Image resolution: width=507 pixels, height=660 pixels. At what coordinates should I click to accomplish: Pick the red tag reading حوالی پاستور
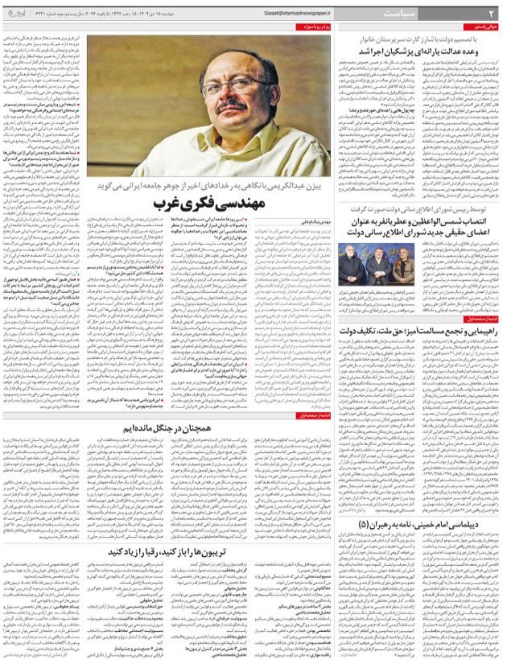(x=487, y=27)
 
